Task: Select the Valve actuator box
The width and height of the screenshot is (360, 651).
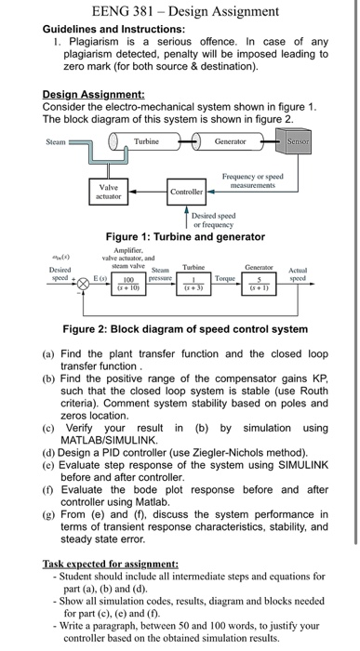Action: tap(109, 191)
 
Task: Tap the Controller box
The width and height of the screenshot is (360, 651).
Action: tap(186, 192)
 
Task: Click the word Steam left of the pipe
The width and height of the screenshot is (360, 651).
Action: tap(55, 142)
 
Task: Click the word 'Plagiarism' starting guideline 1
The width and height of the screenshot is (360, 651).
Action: tap(93, 42)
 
